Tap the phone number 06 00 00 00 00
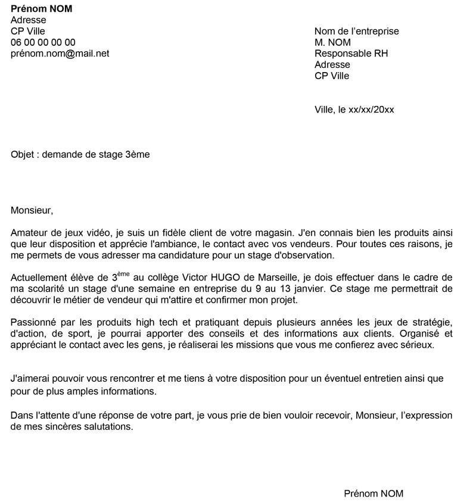point(43,42)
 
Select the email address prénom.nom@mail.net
point(60,54)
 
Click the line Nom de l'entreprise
point(356,32)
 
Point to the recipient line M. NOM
point(332,43)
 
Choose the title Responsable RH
point(351,54)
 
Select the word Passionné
point(35,322)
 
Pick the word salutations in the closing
point(108,427)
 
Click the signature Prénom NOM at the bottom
point(374,494)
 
